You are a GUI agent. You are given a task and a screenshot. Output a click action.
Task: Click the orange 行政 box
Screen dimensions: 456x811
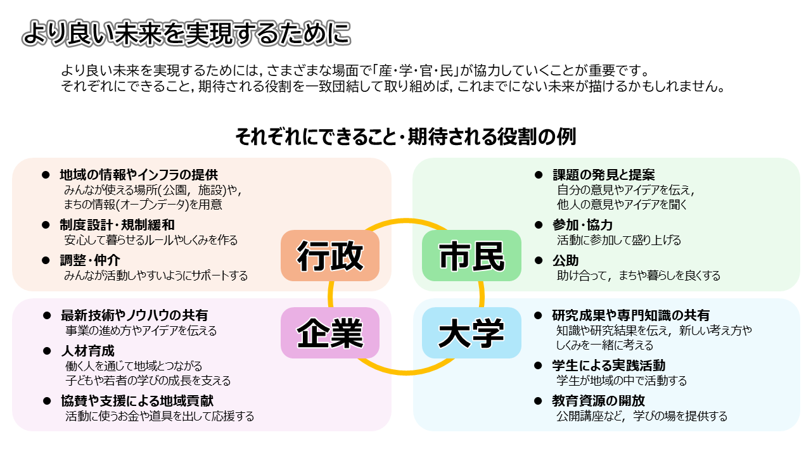click(330, 256)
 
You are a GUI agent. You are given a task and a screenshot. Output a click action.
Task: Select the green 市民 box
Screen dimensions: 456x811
click(471, 256)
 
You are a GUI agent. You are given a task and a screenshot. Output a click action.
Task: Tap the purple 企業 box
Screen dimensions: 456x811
click(330, 333)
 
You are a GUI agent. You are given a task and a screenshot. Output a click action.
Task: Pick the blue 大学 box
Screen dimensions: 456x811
click(471, 333)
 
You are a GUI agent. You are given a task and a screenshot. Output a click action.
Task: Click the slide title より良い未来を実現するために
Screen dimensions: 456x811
click(186, 34)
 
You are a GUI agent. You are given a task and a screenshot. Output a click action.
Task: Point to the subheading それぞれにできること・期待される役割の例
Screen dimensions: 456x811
click(405, 136)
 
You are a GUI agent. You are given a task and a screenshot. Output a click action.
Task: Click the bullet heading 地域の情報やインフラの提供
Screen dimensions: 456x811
click(139, 174)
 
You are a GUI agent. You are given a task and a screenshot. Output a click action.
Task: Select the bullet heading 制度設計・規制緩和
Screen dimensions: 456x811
click(117, 225)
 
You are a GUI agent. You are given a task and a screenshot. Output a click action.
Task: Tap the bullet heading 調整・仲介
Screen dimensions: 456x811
click(90, 260)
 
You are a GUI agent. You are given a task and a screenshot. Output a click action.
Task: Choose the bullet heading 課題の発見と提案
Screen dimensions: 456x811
click(604, 174)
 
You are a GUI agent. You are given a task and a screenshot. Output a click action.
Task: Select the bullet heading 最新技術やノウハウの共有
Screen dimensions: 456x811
click(134, 315)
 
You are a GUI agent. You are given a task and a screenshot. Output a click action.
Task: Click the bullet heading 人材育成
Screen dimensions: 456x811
click(87, 350)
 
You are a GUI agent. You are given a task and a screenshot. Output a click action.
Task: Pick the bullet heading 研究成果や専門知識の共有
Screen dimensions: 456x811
click(630, 315)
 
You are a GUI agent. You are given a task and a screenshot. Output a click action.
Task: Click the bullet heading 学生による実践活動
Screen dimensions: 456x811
click(608, 365)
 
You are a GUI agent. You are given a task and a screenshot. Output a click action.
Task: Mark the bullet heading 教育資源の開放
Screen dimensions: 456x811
click(598, 401)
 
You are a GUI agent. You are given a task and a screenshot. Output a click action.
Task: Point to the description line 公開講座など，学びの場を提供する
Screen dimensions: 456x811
click(642, 416)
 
